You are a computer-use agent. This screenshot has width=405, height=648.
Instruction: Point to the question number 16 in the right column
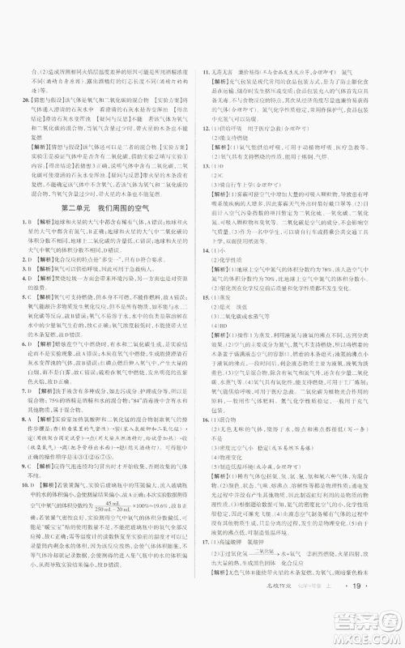pos(209,419)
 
